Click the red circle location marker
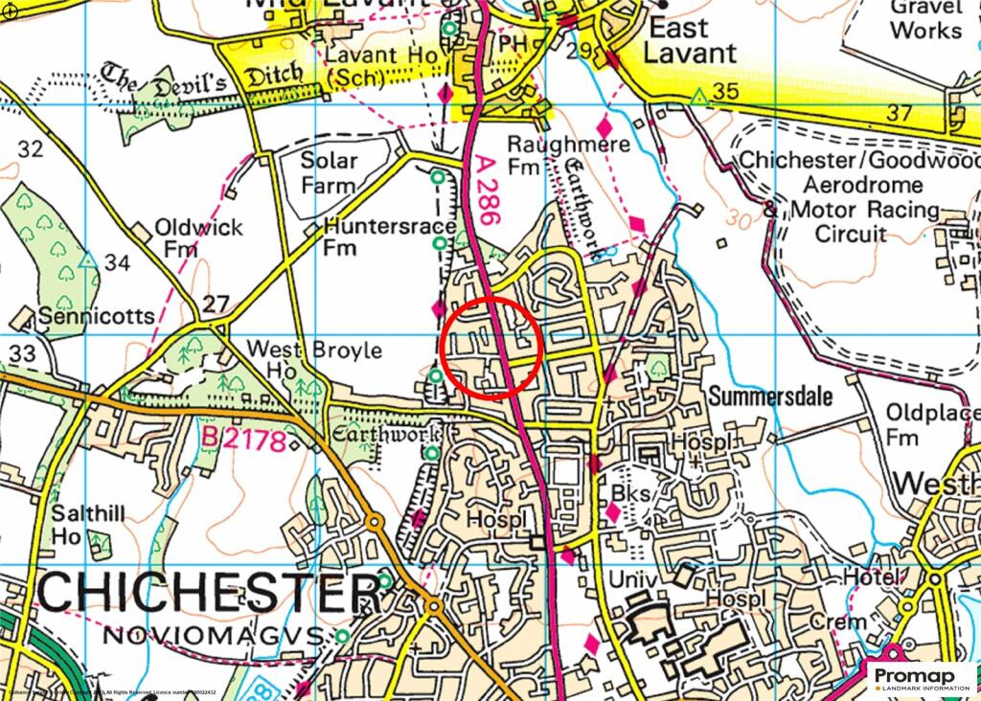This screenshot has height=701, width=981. click(492, 347)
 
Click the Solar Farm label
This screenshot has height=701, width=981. click(329, 172)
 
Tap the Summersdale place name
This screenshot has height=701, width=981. click(771, 396)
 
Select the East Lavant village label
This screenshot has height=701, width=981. click(691, 39)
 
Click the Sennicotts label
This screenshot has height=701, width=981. click(95, 316)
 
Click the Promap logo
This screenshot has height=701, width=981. click(921, 679)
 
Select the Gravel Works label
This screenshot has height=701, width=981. click(924, 18)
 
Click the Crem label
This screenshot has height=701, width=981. click(837, 622)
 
